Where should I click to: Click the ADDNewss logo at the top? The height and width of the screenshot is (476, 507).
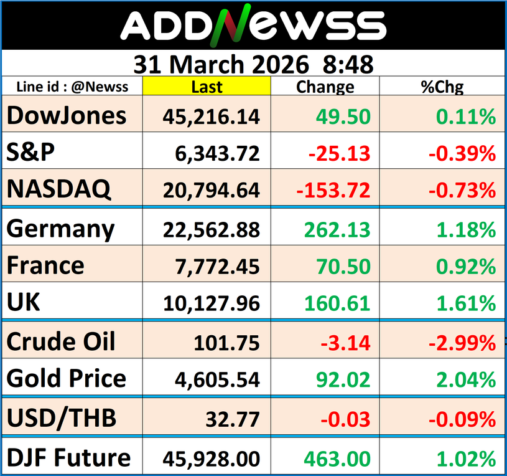click(253, 26)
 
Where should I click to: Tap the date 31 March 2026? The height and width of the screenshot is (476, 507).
click(221, 64)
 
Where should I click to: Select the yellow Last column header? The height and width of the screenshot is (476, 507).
click(207, 87)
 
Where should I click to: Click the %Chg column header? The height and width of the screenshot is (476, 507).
click(442, 87)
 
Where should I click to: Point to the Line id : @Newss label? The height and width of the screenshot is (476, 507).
click(72, 87)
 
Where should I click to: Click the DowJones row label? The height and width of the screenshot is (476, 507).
click(67, 116)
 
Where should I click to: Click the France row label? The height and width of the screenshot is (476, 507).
click(45, 266)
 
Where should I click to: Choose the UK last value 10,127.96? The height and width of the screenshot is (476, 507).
click(212, 303)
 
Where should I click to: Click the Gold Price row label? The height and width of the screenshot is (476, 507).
click(67, 379)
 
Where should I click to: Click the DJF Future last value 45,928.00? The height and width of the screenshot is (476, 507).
click(212, 459)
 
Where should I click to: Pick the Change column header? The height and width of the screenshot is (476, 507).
click(325, 87)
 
